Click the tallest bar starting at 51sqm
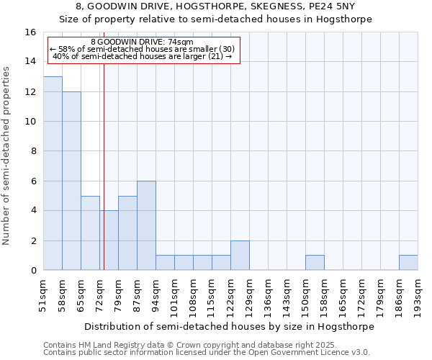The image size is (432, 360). coord(53,174)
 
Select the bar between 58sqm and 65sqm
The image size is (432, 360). coord(71,181)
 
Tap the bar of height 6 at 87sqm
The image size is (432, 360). coord(146,225)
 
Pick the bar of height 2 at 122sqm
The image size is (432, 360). coord(240,256)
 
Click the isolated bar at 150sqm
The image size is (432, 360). coord(315,263)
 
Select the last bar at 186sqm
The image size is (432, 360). coord(408,263)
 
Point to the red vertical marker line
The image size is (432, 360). coord(104,166)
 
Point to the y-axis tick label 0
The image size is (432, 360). coord(32,271)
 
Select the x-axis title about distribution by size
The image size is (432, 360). coord(230,326)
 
